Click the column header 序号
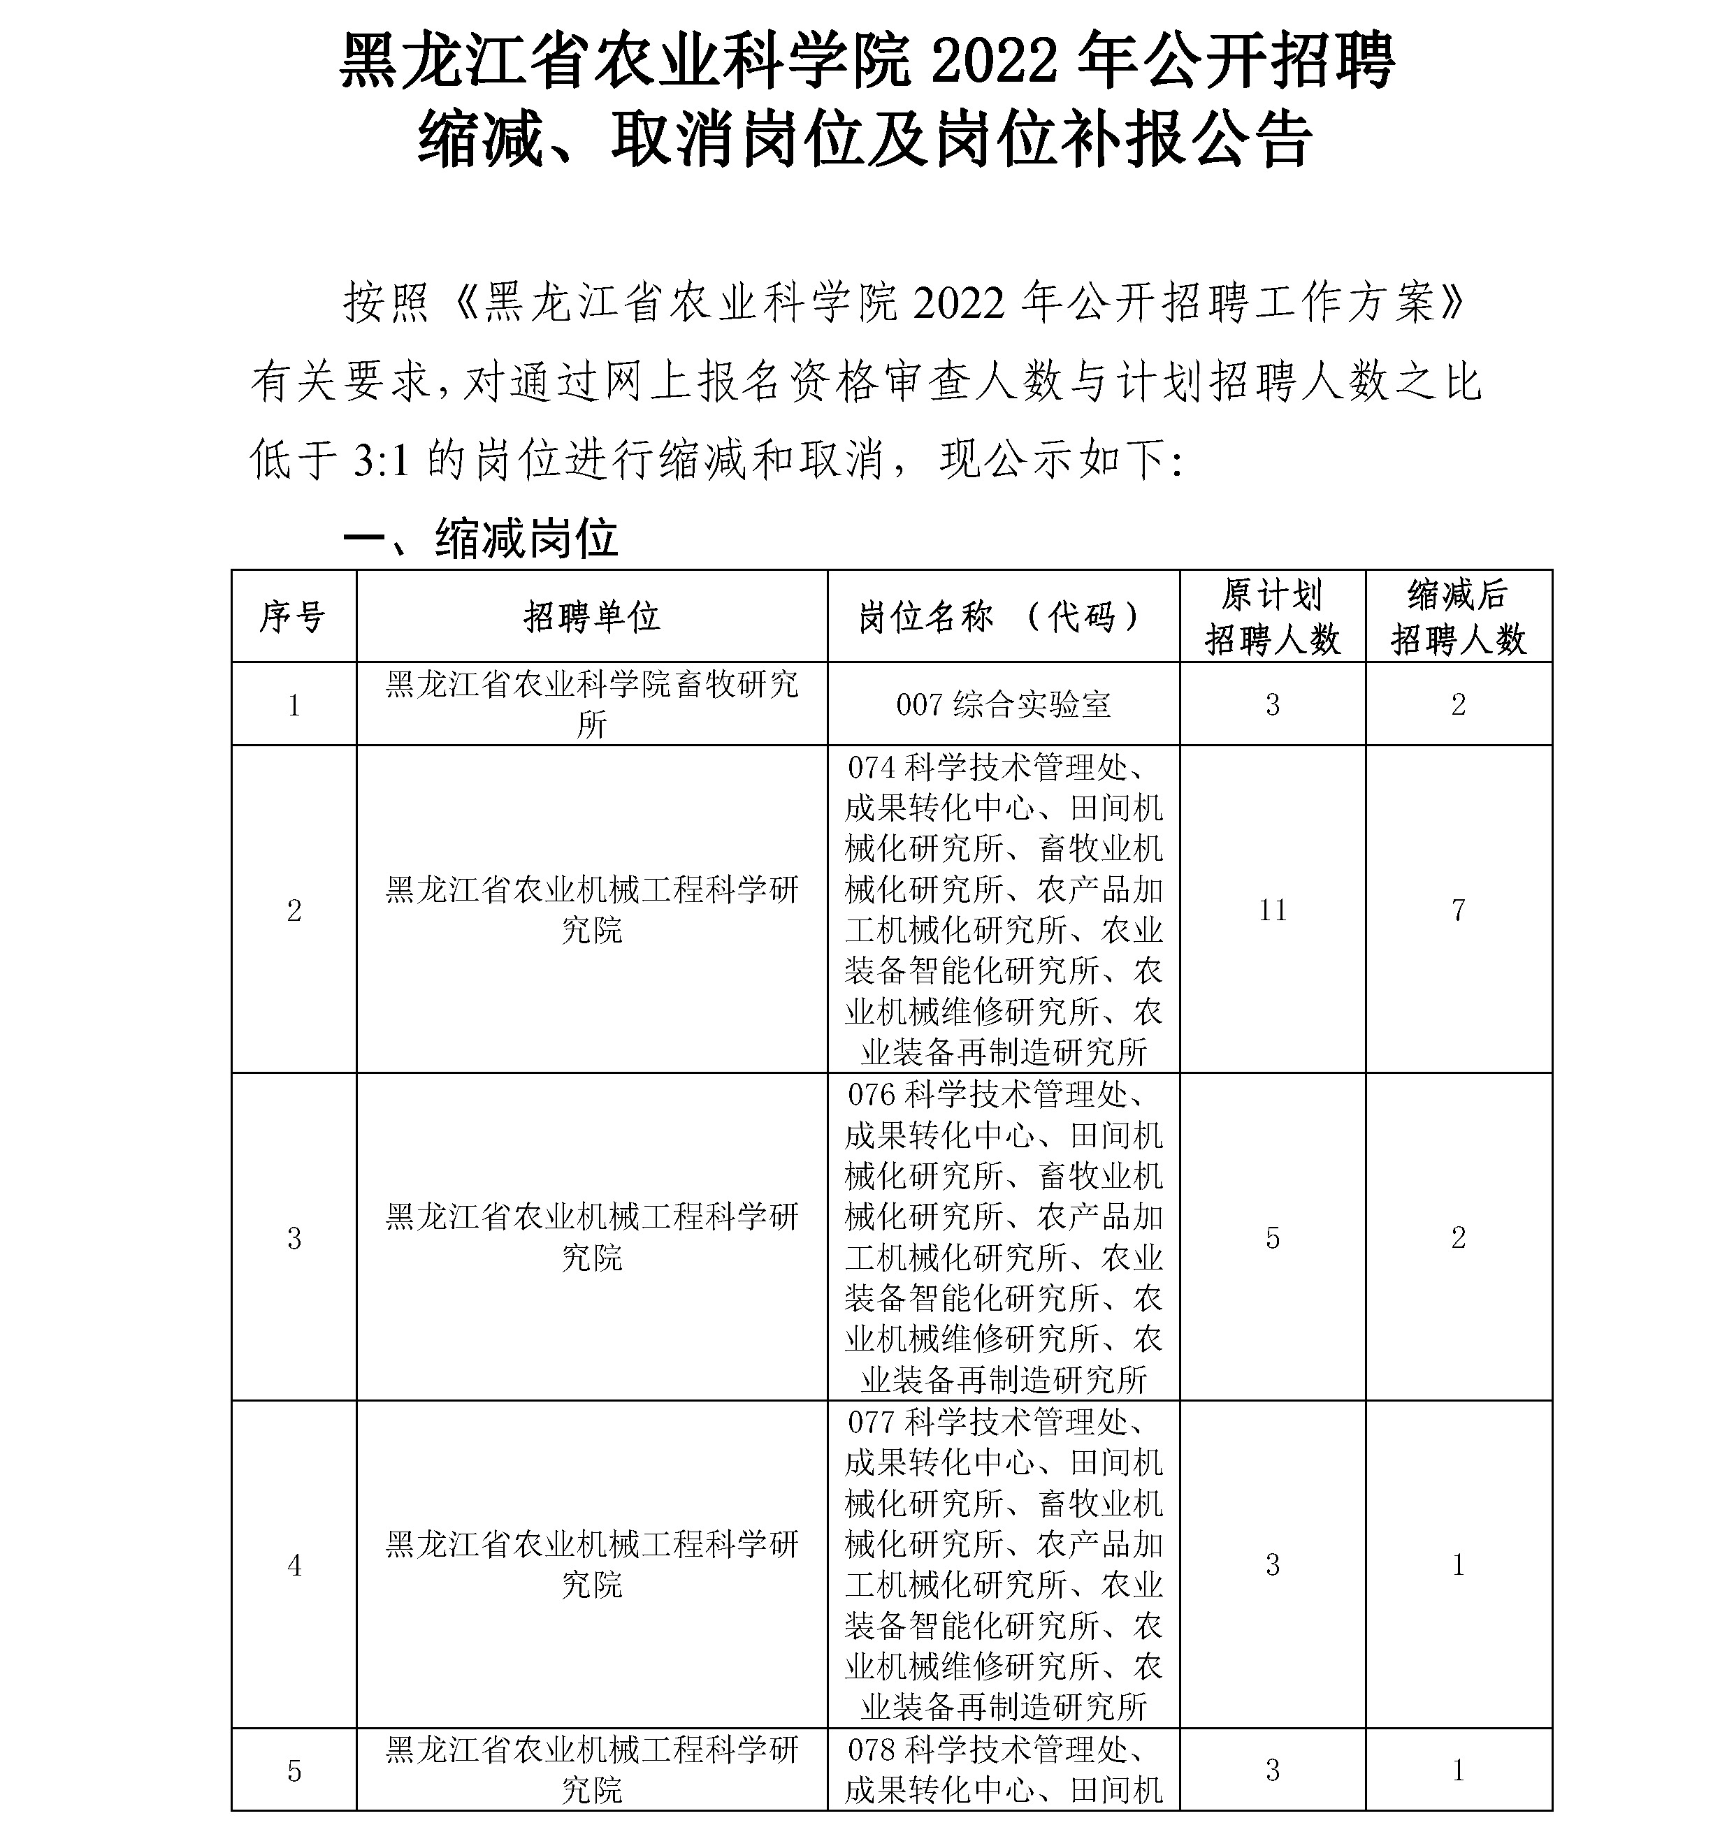(293, 616)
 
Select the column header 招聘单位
(591, 616)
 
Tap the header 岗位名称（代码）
(1003, 616)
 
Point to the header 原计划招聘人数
(1272, 616)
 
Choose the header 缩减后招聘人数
(1458, 616)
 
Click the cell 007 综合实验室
(1003, 705)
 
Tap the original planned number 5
(1272, 1237)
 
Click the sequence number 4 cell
(294, 1564)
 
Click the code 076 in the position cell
(872, 1095)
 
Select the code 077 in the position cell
(872, 1422)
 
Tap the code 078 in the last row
(872, 1750)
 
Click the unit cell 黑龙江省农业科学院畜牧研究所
(591, 704)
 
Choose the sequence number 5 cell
(294, 1770)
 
